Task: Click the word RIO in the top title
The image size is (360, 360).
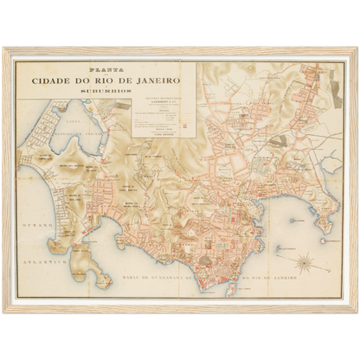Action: point(121,81)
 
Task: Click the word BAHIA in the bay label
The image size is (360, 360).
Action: point(129,276)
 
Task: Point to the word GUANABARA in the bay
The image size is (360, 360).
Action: point(183,277)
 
